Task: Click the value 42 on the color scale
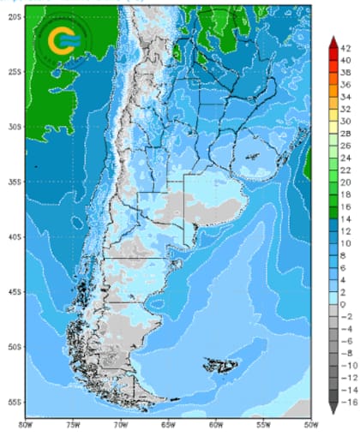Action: point(346,49)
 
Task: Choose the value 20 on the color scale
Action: point(346,182)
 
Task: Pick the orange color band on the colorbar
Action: point(333,103)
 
